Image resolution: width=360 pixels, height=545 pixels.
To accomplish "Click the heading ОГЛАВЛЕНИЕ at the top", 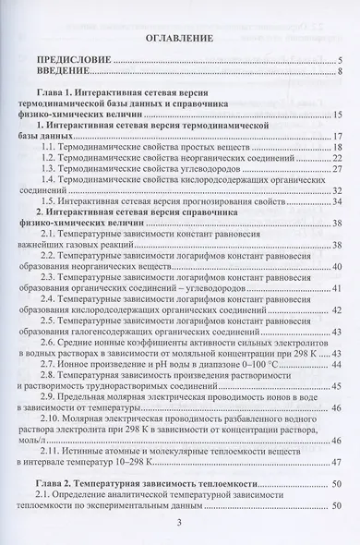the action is [180, 39].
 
